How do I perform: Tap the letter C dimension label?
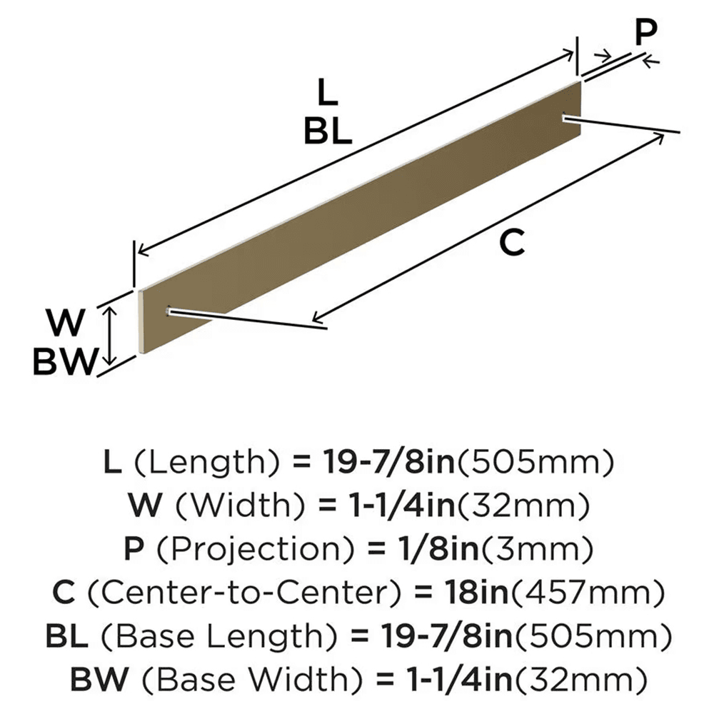[511, 244]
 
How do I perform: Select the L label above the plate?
[327, 93]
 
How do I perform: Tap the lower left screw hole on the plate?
[168, 311]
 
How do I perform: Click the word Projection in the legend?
[211, 549]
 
